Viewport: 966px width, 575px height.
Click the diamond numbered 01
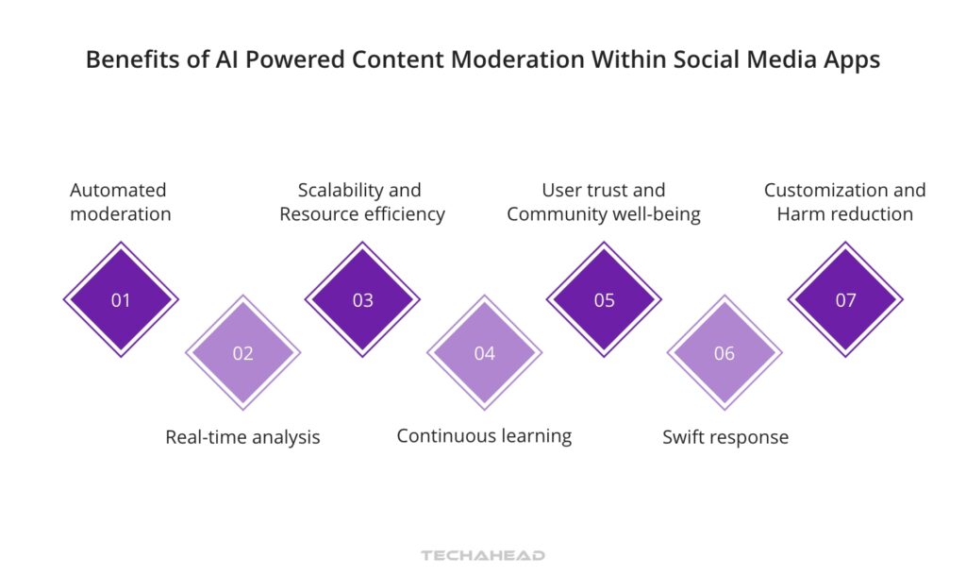(121, 300)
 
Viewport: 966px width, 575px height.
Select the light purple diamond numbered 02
(242, 353)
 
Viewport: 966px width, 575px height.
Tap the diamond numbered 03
(362, 300)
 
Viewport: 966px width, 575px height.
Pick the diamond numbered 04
(484, 353)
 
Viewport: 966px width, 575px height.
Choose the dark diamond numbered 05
(605, 300)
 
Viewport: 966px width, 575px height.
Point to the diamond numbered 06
(724, 353)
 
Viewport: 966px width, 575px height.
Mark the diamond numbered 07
(845, 300)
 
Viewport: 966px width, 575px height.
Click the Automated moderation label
(120, 202)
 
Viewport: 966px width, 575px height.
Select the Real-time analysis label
(242, 437)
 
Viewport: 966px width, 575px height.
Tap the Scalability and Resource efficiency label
(361, 202)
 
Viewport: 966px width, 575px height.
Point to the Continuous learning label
(484, 435)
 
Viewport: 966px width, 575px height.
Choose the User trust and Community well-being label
(604, 202)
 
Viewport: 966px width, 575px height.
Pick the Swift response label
(724, 437)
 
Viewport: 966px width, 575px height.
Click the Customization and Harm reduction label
(844, 202)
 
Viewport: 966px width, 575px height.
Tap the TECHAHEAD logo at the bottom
(483, 555)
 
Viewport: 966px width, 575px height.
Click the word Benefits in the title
(129, 59)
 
